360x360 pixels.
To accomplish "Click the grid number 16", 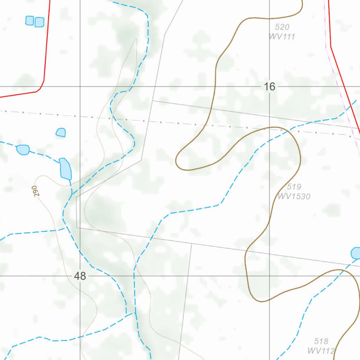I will (269, 86).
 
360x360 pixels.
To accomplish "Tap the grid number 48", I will (80, 276).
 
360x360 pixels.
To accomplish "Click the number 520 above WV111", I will (282, 27).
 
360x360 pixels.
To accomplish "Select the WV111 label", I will (282, 36).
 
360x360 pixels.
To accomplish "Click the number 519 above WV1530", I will (294, 187).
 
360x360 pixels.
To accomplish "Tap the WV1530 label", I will (294, 196).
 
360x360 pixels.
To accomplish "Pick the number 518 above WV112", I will (321, 341).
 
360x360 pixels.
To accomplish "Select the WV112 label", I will (321, 350).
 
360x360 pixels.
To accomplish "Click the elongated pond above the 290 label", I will (65, 169).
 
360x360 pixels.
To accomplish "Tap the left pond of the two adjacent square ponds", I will (30, 20).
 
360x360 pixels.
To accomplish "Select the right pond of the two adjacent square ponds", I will (39, 22).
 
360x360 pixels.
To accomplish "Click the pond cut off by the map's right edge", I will (356, 253).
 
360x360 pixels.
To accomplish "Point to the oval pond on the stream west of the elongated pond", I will (23, 149).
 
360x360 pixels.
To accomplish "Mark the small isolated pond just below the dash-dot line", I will (61, 133).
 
